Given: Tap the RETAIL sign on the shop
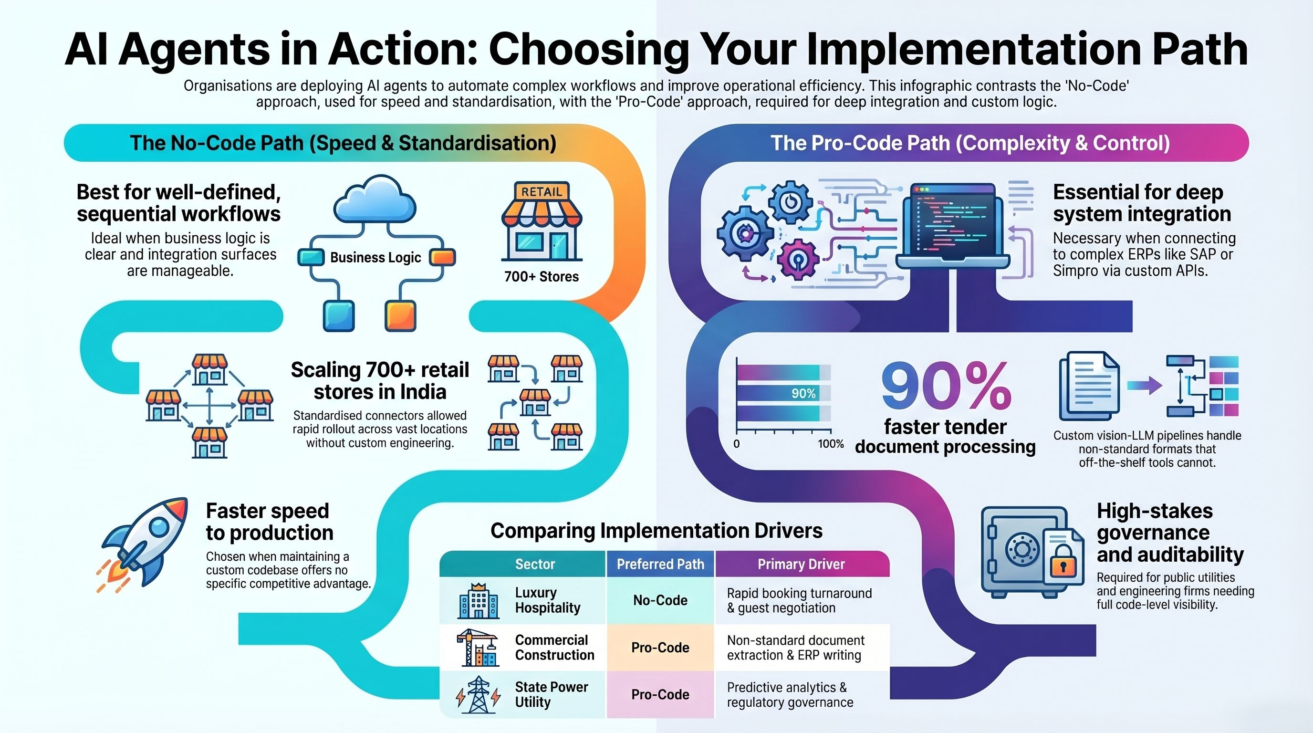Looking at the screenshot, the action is point(542,192).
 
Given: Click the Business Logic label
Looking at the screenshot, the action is point(375,257).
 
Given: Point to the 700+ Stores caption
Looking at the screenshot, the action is point(542,277).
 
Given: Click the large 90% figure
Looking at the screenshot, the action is point(946,386).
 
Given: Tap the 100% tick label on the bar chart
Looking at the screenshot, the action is point(831,444).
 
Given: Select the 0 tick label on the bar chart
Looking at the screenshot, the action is point(737,444).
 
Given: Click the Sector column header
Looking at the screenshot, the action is point(535,564).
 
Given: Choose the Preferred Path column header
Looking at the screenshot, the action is point(661,564).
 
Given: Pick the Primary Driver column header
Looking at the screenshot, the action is point(801,564).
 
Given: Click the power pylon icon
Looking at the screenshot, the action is point(478,695).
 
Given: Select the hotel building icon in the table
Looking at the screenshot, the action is point(478,601).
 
